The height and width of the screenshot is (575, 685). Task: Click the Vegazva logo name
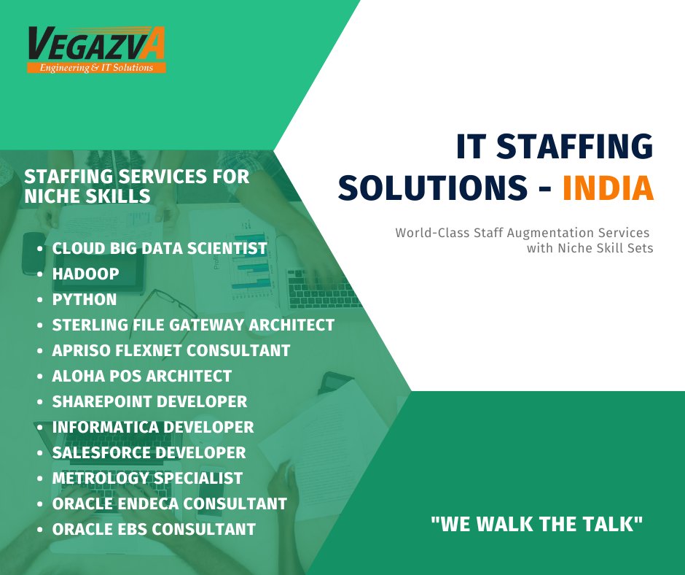pyautogui.click(x=96, y=45)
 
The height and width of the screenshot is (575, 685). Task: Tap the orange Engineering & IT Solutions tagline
pyautogui.click(x=96, y=68)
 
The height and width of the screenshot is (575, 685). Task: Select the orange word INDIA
pyautogui.click(x=608, y=188)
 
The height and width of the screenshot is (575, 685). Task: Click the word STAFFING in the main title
pyautogui.click(x=575, y=147)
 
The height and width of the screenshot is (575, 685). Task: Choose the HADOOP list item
pyautogui.click(x=86, y=274)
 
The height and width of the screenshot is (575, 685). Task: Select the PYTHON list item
pyautogui.click(x=85, y=299)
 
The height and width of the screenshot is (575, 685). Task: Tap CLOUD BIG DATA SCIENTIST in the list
pyautogui.click(x=160, y=248)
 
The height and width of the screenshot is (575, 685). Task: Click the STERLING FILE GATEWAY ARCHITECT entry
pyautogui.click(x=193, y=325)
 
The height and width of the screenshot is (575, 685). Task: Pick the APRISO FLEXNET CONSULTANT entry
pyautogui.click(x=171, y=350)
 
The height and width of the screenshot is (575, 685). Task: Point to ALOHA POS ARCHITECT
pyautogui.click(x=142, y=376)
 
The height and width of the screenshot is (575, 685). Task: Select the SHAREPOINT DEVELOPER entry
pyautogui.click(x=149, y=401)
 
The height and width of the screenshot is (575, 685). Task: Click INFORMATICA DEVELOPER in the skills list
pyautogui.click(x=153, y=427)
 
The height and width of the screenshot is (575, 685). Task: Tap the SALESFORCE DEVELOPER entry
pyautogui.click(x=149, y=452)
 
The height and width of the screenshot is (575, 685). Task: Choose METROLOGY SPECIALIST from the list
pyautogui.click(x=147, y=478)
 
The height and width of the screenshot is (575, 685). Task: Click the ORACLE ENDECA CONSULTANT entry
pyautogui.click(x=169, y=503)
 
